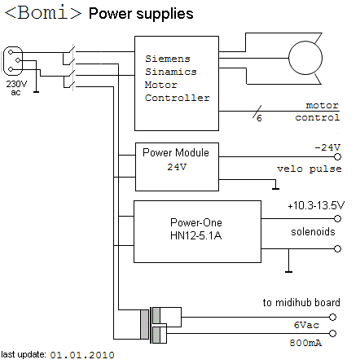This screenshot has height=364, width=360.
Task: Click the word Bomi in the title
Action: (x=43, y=13)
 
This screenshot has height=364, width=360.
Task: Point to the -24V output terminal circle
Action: (x=337, y=156)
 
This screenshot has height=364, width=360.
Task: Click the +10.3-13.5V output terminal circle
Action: (x=337, y=218)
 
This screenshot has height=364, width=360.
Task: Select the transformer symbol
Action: (x=160, y=325)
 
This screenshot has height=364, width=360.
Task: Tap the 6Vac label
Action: (x=306, y=325)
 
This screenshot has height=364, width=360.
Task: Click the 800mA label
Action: (x=305, y=343)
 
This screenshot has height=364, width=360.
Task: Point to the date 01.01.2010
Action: (x=82, y=355)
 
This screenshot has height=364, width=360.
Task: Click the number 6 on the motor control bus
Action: (x=259, y=118)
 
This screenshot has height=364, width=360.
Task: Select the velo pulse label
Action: (x=310, y=169)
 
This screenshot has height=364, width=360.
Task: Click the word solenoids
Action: (x=313, y=232)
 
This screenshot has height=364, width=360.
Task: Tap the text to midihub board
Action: (x=301, y=302)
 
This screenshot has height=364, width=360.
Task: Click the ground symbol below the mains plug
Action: (x=36, y=92)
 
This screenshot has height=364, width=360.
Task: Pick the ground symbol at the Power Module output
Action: (x=275, y=188)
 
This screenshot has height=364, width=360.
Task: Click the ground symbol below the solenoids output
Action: (x=288, y=271)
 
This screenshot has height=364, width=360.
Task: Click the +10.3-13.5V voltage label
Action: (x=316, y=206)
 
